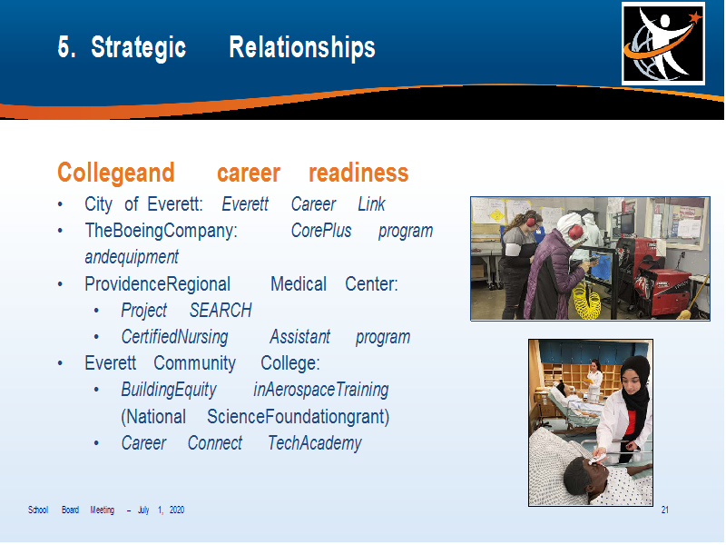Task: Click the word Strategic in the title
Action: pos(139,48)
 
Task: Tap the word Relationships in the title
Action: pos(302,47)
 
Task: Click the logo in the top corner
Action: pos(663,44)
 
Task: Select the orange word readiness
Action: pos(358,173)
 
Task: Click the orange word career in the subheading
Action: pos(249,173)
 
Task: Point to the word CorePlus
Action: pos(321,231)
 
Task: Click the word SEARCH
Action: pos(221,311)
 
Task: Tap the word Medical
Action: pos(299,284)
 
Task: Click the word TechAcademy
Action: pos(315,443)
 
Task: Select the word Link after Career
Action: pos(371,203)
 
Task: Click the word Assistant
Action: pos(300,337)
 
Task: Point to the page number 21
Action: pos(665,510)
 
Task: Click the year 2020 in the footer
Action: pos(177,510)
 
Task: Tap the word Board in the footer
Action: pos(71,510)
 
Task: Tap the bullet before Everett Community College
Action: pos(60,363)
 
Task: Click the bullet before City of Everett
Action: pos(60,203)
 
